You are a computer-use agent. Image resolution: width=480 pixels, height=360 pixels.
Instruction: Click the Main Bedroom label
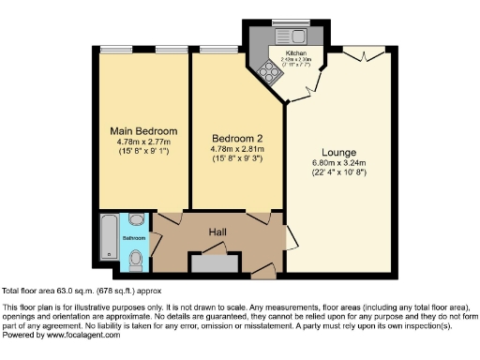(143, 130)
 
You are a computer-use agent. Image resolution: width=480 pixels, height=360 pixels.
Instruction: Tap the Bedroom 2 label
(237, 137)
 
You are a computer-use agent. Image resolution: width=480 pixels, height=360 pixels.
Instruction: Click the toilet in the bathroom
(138, 256)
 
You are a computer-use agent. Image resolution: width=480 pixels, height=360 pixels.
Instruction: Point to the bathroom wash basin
(138, 222)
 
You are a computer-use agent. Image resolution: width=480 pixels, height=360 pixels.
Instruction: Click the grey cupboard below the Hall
(216, 262)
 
